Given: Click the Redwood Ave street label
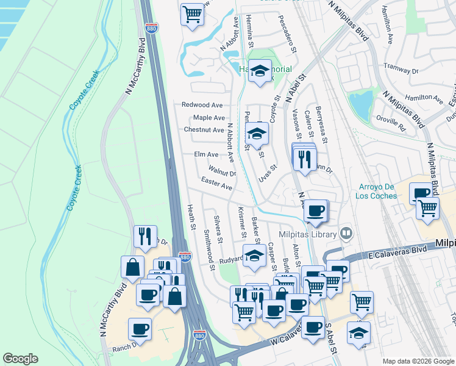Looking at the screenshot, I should coord(202,105).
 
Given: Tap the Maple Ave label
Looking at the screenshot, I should coord(209,118).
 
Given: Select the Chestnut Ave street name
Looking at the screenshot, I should coord(204,130).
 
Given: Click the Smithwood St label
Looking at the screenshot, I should coord(208,250).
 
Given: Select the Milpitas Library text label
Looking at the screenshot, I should coord(308,235).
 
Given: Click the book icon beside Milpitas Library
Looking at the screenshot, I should coord(346,233).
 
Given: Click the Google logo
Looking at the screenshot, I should coord(20,359).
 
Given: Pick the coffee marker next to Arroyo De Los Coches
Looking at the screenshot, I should coord(421,193).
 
